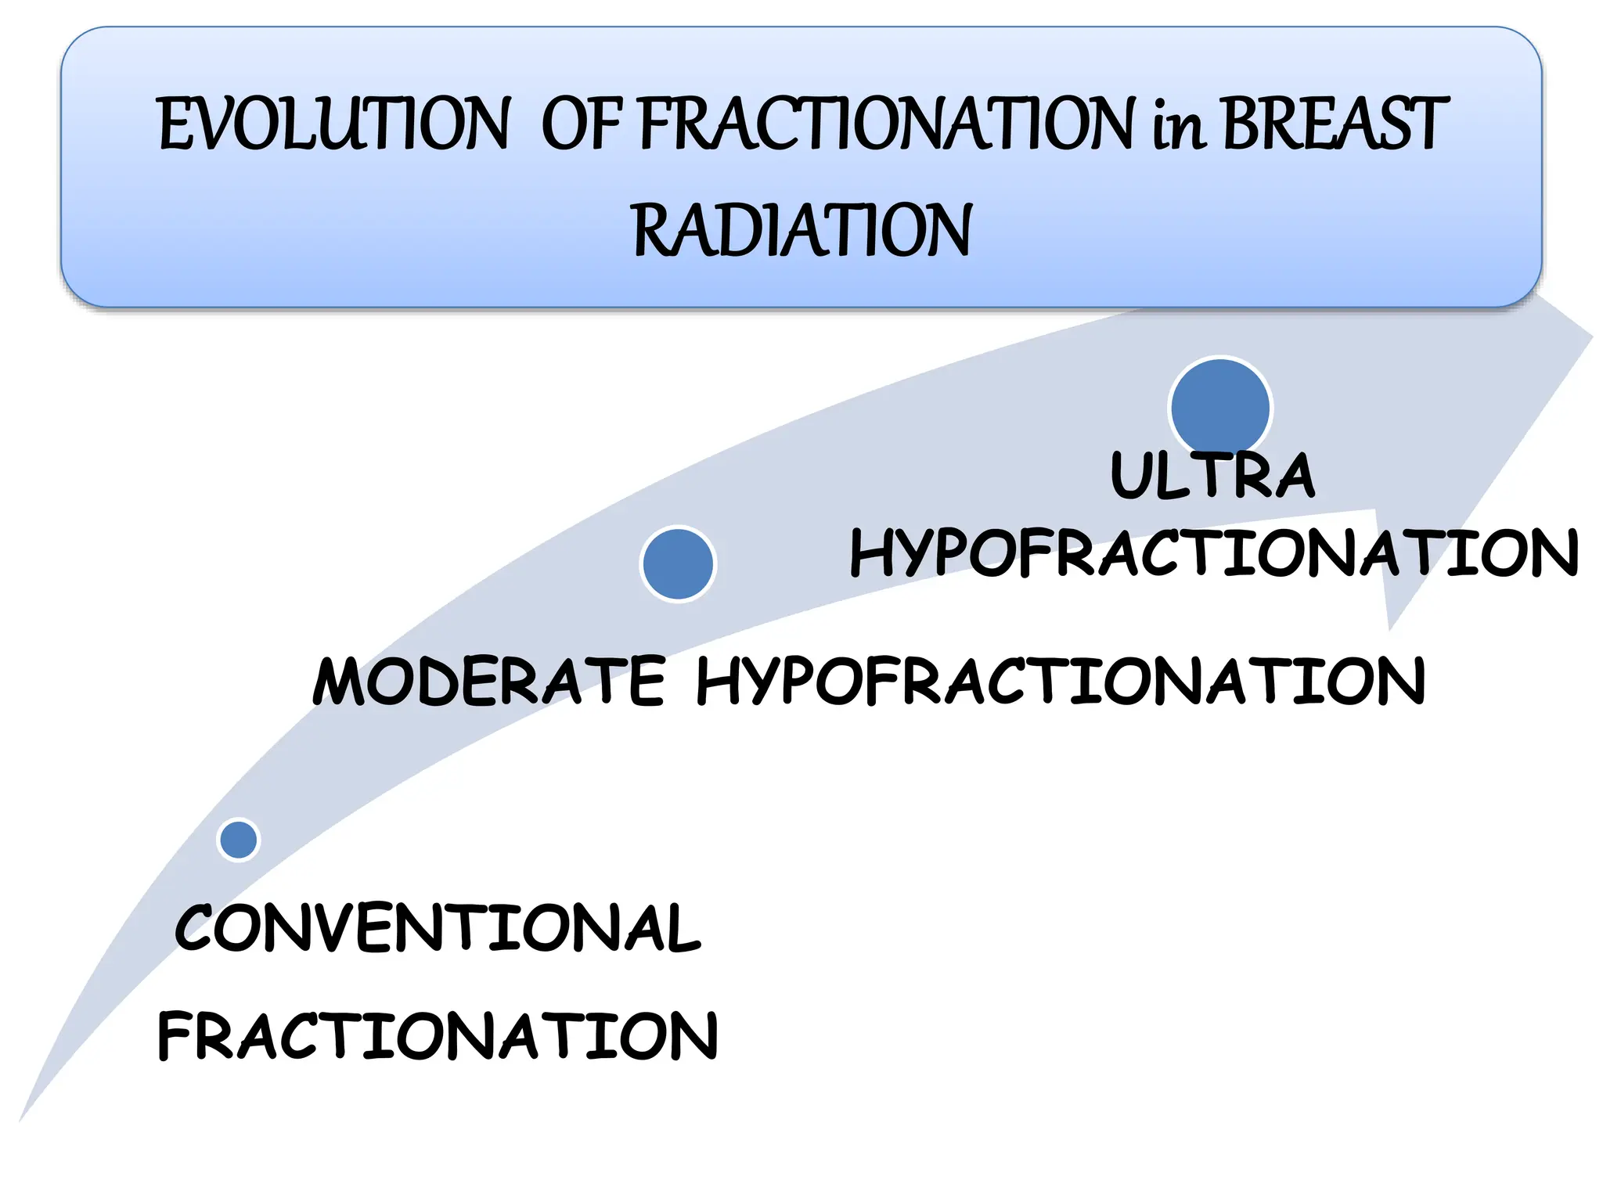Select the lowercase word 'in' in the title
1178,127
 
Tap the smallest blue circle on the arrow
239,840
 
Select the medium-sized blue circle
678,563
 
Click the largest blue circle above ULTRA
1220,407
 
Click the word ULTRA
1212,475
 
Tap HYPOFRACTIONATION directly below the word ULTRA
1214,552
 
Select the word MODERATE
489,681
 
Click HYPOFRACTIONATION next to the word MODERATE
1061,681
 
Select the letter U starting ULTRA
1130,475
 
